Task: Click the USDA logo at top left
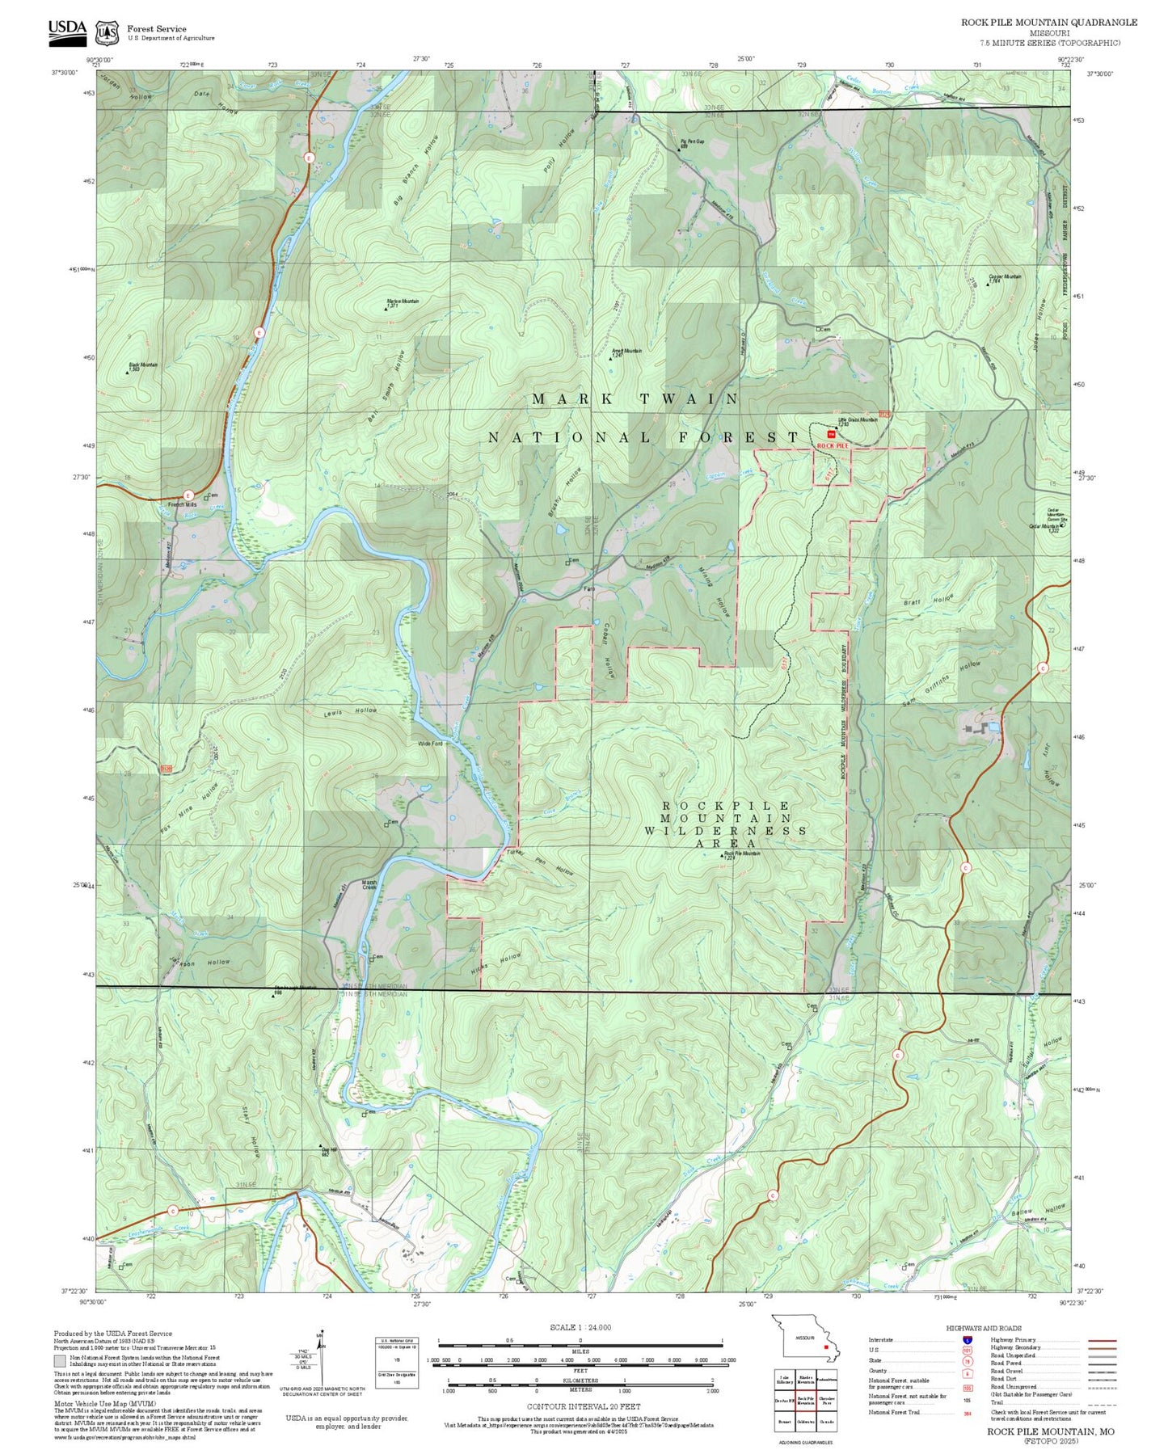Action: click(66, 29)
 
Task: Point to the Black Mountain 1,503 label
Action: click(143, 366)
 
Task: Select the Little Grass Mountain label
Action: click(857, 420)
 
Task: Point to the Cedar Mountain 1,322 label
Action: click(1044, 528)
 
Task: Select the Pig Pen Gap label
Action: click(690, 142)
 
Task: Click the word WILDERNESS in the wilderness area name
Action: click(725, 830)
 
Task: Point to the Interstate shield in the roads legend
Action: click(966, 1339)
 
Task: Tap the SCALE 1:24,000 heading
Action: click(580, 1327)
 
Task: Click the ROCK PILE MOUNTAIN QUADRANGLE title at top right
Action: click(1048, 23)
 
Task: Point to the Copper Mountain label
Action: click(1005, 277)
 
